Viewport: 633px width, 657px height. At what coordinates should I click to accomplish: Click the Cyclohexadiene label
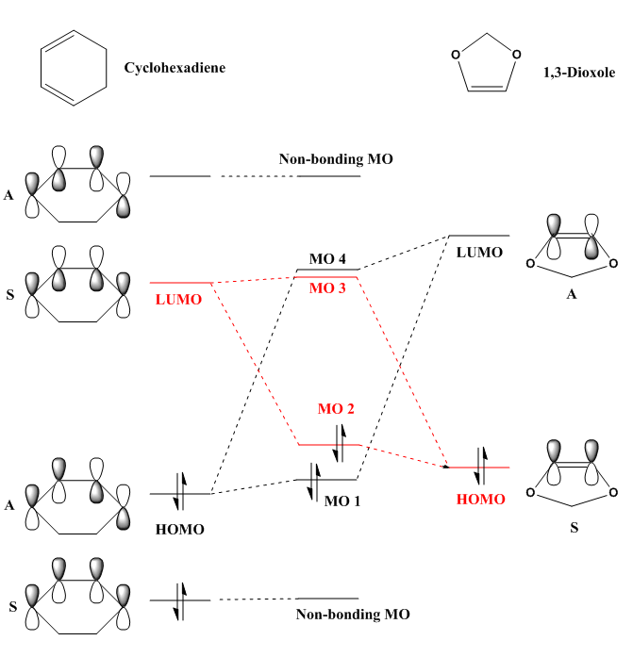[x=175, y=68]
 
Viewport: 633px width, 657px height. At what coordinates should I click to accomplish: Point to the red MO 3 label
[x=328, y=288]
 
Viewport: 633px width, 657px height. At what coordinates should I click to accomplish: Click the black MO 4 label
[x=328, y=258]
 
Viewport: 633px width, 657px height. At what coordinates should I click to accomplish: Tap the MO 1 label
[x=342, y=501]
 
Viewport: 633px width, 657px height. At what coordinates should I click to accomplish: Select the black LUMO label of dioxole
[x=479, y=252]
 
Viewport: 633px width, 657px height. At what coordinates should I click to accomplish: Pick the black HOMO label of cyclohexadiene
[x=179, y=529]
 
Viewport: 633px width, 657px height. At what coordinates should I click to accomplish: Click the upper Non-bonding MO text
[x=335, y=159]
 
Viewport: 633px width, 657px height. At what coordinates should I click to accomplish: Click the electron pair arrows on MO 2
[x=340, y=442]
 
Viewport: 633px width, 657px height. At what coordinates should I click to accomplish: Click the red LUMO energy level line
[x=180, y=283]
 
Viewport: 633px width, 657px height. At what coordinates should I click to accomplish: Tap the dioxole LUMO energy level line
[x=478, y=236]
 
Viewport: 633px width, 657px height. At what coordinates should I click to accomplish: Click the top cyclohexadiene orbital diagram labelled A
[x=79, y=182]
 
